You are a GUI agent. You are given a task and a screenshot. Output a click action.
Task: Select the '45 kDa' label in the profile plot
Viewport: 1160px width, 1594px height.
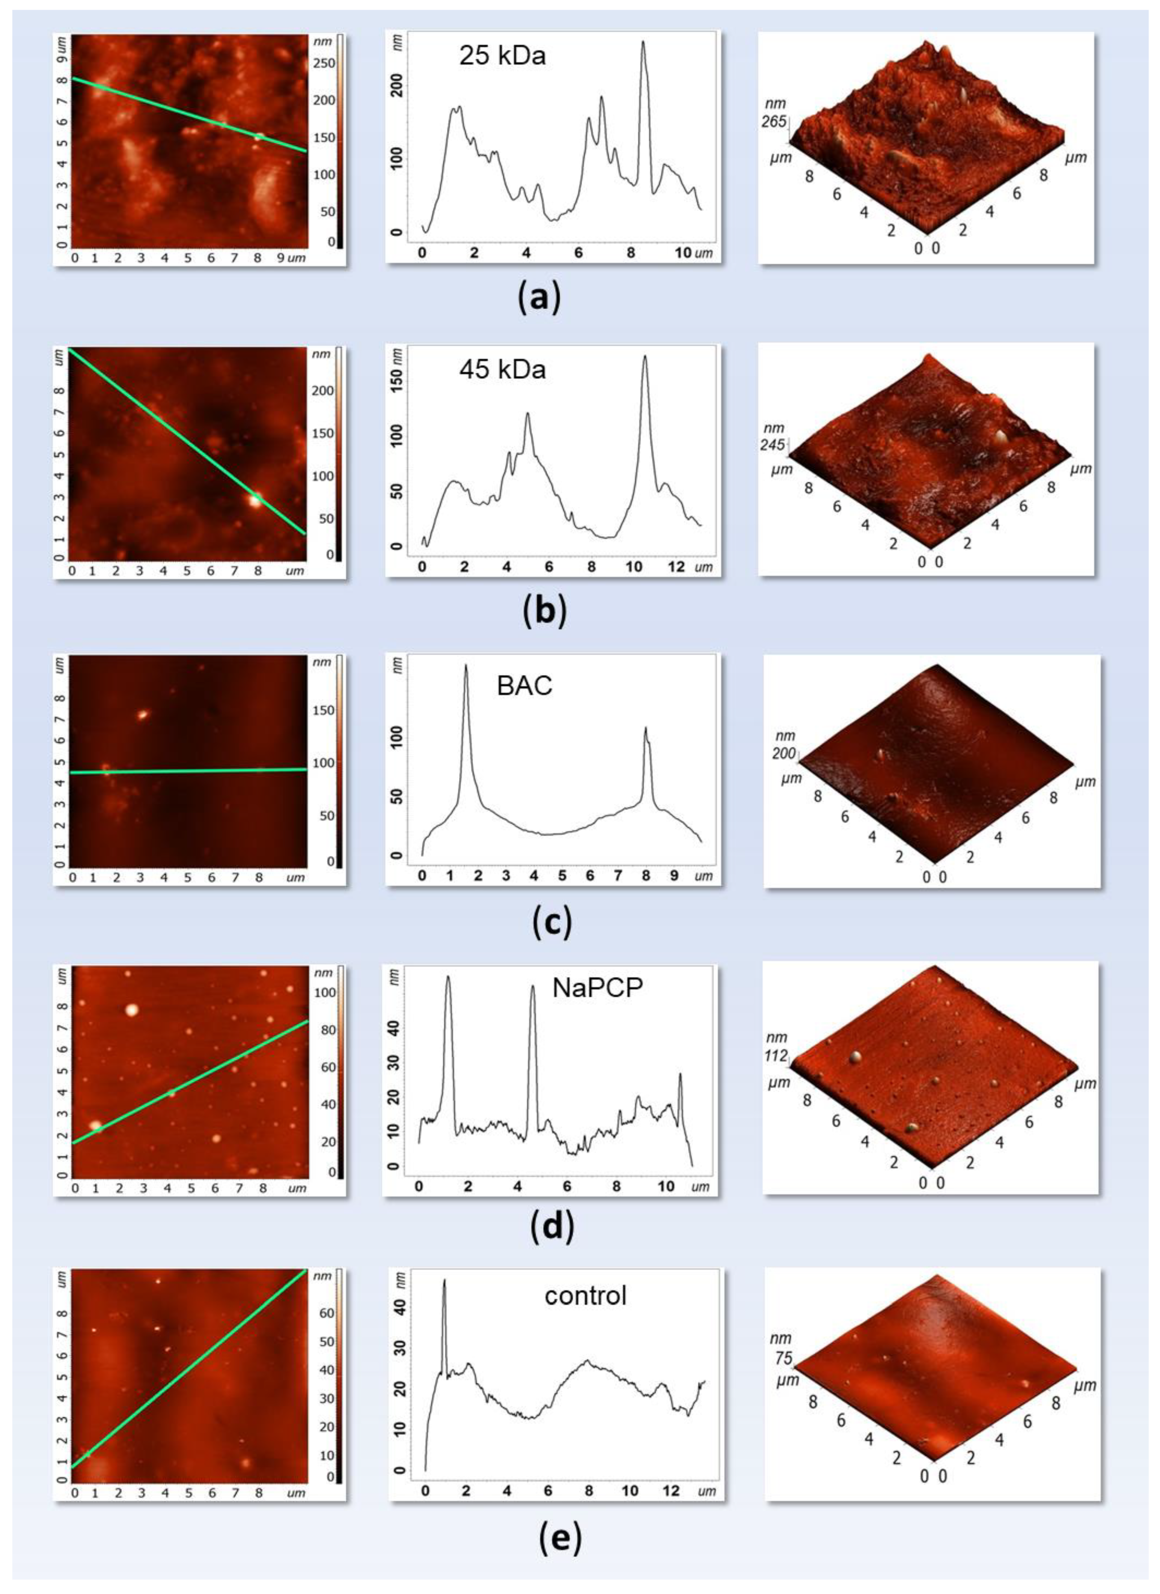[x=502, y=369]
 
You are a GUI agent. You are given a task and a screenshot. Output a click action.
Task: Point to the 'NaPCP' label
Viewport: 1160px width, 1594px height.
[x=598, y=988]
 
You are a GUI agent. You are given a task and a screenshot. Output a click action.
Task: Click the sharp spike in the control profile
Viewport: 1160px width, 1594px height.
[x=444, y=1281]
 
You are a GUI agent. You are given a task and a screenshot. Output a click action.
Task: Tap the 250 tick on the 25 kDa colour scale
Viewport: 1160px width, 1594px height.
[x=323, y=63]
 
